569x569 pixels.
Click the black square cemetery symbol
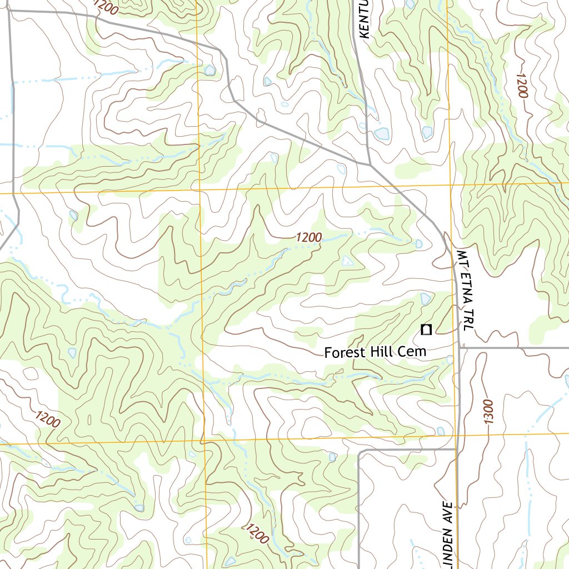pyautogui.click(x=426, y=330)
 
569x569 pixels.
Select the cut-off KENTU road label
pyautogui.click(x=365, y=19)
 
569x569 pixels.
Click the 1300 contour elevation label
pyautogui.click(x=487, y=412)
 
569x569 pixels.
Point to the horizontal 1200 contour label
pyautogui.click(x=308, y=237)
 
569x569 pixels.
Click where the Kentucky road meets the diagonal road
pyautogui.click(x=370, y=164)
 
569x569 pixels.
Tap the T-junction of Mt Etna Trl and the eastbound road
pyautogui.click(x=461, y=348)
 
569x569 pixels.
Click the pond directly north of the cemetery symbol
pyautogui.click(x=425, y=299)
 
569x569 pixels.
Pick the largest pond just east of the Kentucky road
pyautogui.click(x=381, y=133)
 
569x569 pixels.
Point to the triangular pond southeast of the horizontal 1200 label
pyautogui.click(x=347, y=260)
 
